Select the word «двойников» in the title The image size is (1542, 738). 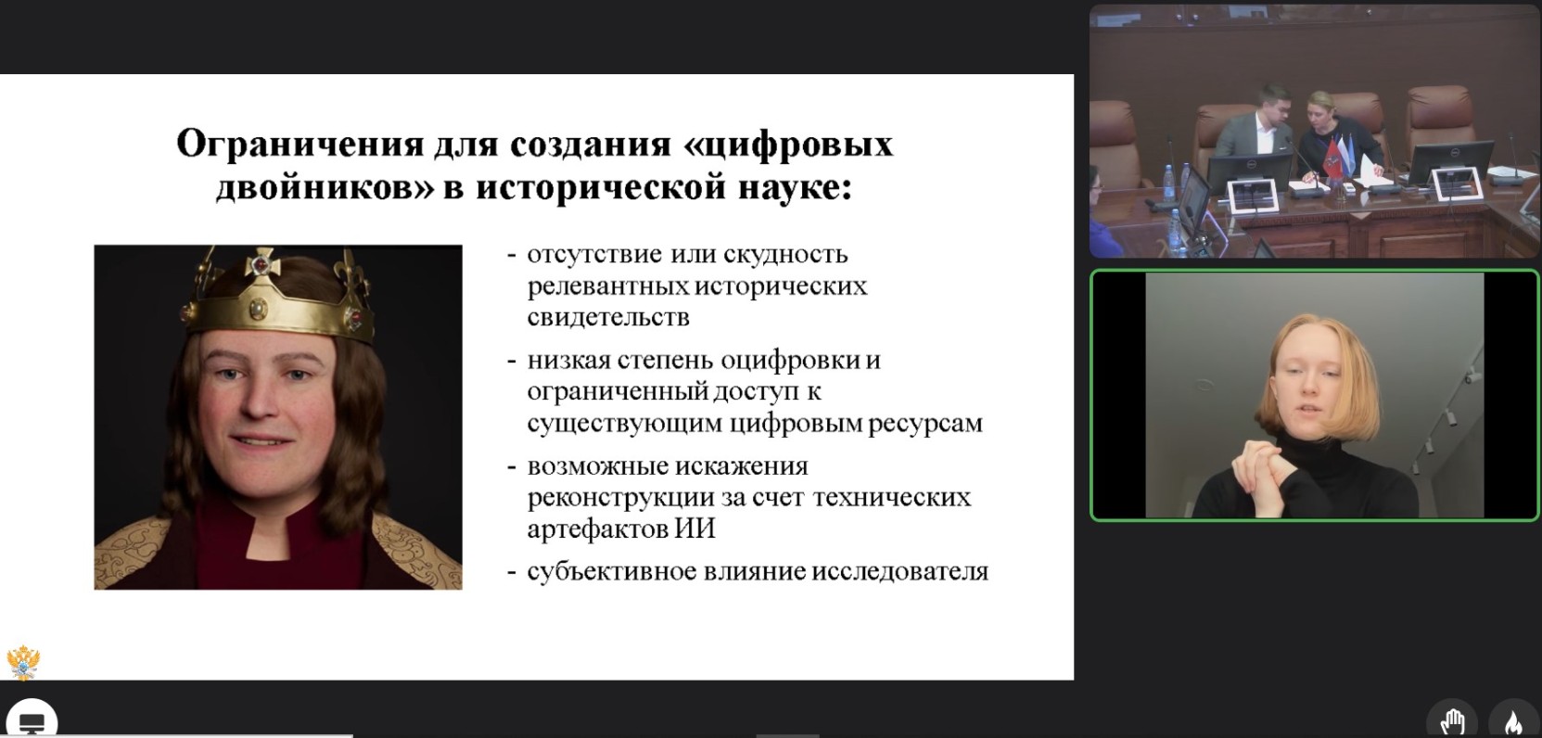(x=325, y=188)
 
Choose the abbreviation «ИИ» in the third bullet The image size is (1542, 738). (x=694, y=528)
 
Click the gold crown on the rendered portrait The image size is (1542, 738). (x=278, y=297)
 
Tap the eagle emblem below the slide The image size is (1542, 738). (x=23, y=662)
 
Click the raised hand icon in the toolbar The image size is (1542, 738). (x=1451, y=721)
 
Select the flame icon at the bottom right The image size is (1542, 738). (x=1513, y=721)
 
